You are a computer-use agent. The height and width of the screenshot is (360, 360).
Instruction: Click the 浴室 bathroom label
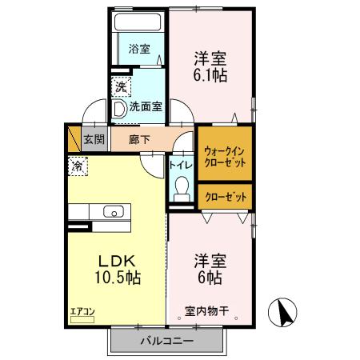click(139, 49)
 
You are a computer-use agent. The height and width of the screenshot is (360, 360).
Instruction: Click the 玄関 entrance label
click(94, 139)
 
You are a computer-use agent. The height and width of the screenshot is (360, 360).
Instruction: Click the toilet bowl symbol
click(181, 189)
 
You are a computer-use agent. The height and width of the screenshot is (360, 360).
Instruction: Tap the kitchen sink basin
click(113, 212)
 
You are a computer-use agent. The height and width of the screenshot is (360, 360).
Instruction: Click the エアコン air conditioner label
click(82, 311)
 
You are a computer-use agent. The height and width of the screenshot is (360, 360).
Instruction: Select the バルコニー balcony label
click(166, 341)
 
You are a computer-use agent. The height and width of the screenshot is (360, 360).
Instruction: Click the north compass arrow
click(285, 310)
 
